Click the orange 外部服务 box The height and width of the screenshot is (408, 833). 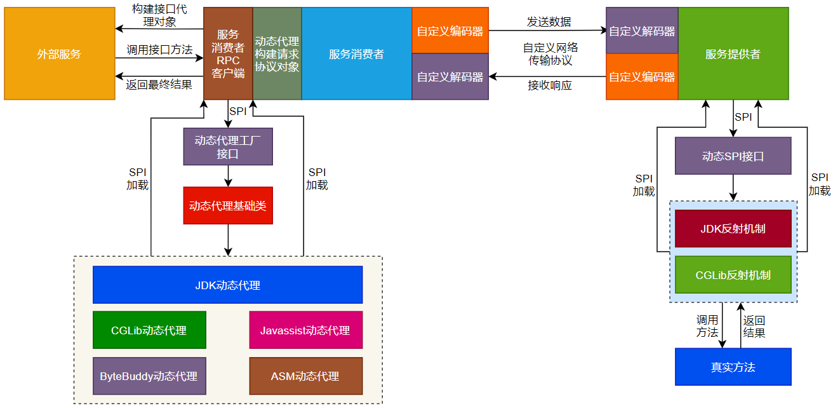click(59, 54)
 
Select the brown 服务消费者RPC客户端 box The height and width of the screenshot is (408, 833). click(228, 54)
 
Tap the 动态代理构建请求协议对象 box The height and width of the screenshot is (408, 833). click(277, 54)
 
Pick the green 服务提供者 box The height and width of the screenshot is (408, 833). click(733, 54)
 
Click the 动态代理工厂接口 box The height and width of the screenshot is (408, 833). click(228, 147)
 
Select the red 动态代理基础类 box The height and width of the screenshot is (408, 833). click(228, 205)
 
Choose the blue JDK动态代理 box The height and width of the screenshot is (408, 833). click(227, 285)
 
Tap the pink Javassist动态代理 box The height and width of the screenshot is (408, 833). click(305, 330)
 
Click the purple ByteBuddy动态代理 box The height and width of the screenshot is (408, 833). click(149, 376)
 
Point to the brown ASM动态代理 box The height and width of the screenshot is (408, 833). click(305, 376)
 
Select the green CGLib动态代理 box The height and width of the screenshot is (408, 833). click(149, 330)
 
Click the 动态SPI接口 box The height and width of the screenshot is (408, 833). click(733, 156)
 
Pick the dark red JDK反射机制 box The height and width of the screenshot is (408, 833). click(733, 229)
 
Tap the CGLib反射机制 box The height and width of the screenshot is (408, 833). click(733, 275)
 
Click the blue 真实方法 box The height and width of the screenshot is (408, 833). click(733, 367)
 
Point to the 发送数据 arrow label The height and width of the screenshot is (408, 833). click(549, 22)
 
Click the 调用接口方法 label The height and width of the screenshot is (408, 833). click(159, 50)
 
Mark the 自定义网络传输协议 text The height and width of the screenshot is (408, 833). click(550, 54)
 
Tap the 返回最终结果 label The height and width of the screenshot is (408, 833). click(159, 85)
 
